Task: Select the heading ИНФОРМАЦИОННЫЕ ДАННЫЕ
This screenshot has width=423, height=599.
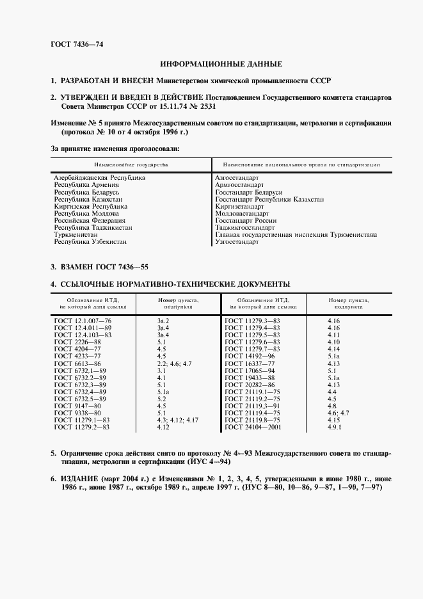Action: click(x=221, y=64)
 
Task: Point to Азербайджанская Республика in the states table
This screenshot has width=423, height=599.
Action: click(x=100, y=178)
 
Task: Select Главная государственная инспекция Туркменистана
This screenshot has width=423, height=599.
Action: click(x=296, y=235)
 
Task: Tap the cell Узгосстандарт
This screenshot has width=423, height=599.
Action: click(x=237, y=242)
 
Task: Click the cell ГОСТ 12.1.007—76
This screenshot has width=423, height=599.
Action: click(x=83, y=320)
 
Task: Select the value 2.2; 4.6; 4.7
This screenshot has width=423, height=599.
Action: click(x=174, y=363)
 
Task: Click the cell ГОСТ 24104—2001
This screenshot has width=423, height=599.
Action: click(x=253, y=427)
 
